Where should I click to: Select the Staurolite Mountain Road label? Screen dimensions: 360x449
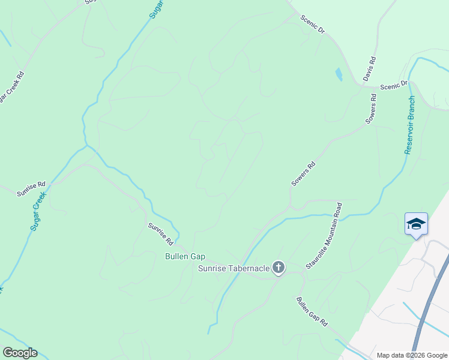click(x=325, y=235)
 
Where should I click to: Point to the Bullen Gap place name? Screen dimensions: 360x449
click(x=185, y=256)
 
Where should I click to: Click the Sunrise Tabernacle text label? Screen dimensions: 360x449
click(x=234, y=268)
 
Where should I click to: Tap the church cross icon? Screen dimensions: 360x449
click(x=279, y=268)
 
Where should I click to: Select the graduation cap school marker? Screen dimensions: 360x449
click(x=416, y=224)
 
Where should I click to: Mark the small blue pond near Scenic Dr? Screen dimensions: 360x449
click(x=339, y=74)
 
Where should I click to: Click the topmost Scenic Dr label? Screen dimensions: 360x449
click(x=312, y=24)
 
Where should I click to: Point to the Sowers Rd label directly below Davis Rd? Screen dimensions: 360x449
click(x=372, y=109)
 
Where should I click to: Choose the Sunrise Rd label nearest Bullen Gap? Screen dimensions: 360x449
click(x=161, y=233)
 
